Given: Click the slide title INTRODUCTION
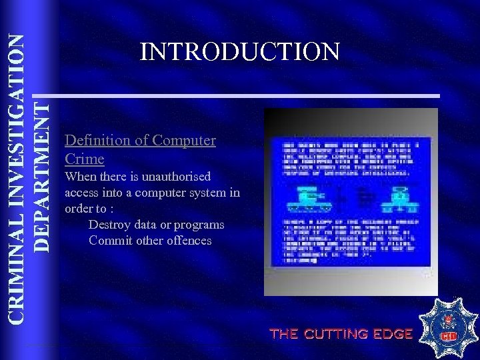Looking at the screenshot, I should tap(240, 51).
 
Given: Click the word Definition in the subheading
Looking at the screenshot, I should tap(95, 141).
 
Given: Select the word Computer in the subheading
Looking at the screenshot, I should tap(184, 141).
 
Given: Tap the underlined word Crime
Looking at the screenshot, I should tap(85, 159).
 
